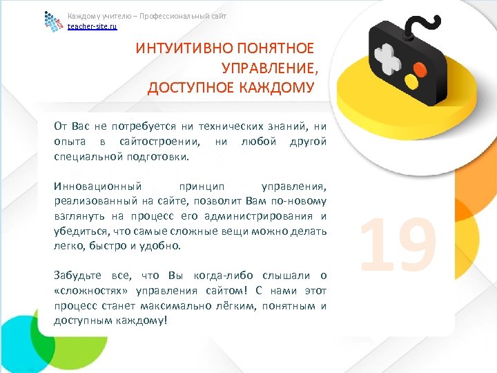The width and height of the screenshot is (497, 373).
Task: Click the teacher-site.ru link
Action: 92,26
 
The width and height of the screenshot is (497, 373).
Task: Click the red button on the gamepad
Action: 419,69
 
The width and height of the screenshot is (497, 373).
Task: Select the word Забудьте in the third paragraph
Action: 77,275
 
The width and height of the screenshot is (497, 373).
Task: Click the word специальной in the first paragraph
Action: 86,157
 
